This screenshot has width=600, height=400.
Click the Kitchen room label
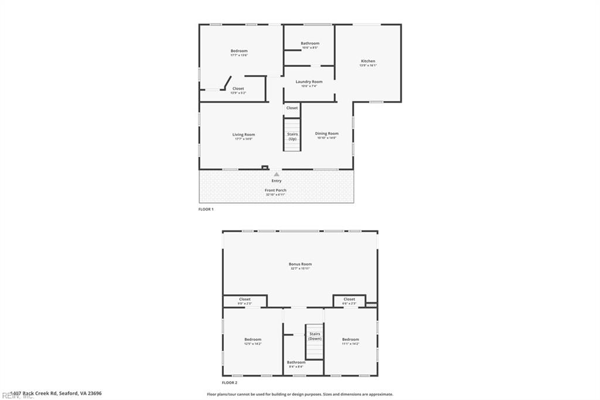pyautogui.click(x=367, y=62)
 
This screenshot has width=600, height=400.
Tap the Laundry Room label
pyautogui.click(x=309, y=82)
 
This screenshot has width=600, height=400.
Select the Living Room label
pyautogui.click(x=244, y=135)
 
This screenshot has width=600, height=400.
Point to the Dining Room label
pyautogui.click(x=326, y=134)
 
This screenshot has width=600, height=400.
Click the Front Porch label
pyautogui.click(x=276, y=191)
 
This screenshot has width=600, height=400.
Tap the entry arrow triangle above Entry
pyautogui.click(x=277, y=174)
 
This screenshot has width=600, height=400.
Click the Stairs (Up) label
pyautogui.click(x=292, y=136)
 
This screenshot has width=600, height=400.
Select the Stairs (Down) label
pyautogui.click(x=315, y=336)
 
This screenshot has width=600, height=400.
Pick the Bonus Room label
pyautogui.click(x=300, y=265)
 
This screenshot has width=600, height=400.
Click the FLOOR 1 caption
pyautogui.click(x=206, y=209)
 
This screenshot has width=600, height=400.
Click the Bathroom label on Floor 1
pyautogui.click(x=310, y=43)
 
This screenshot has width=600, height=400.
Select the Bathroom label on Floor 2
pyautogui.click(x=296, y=362)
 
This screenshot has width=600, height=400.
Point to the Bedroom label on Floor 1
pyautogui.click(x=239, y=51)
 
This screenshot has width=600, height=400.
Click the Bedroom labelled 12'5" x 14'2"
pyautogui.click(x=253, y=340)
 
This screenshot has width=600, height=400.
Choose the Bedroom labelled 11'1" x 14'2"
pyautogui.click(x=350, y=340)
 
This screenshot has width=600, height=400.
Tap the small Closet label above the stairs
pyautogui.click(x=292, y=108)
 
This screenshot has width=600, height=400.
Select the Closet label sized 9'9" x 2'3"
pyautogui.click(x=245, y=300)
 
